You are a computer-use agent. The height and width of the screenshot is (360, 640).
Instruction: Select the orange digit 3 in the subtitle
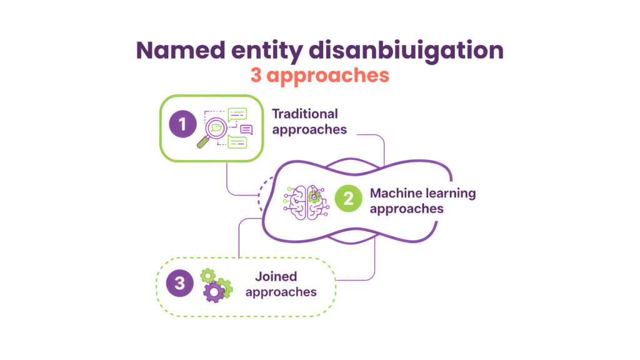click(x=256, y=75)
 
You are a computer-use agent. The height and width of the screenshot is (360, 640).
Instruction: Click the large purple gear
click(x=216, y=290)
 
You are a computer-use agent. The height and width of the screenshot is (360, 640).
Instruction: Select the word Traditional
click(x=305, y=114)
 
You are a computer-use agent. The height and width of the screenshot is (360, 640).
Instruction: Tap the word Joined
click(x=276, y=276)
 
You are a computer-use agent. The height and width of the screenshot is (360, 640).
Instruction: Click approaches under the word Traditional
click(x=309, y=130)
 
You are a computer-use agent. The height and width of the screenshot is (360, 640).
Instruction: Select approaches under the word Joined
click(x=281, y=292)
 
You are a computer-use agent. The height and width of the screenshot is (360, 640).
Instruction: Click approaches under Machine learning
click(x=406, y=209)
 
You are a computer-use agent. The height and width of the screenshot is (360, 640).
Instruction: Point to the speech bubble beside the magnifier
click(x=246, y=129)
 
